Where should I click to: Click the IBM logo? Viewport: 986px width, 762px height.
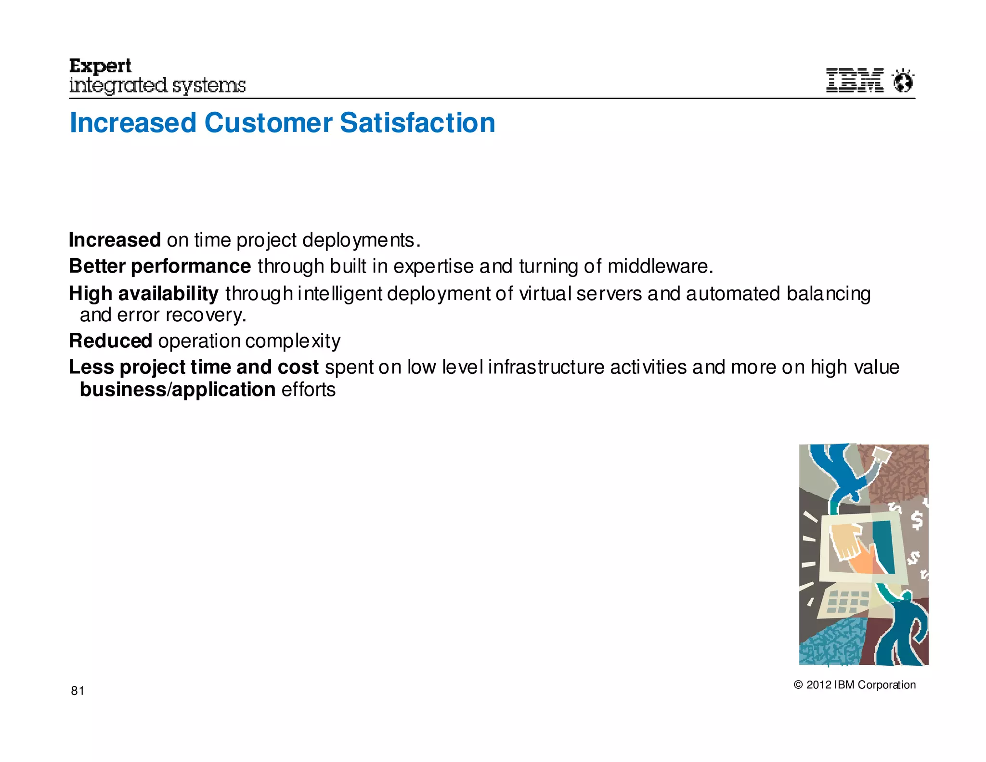[x=855, y=80]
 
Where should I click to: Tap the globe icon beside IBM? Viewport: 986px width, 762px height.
[x=903, y=81]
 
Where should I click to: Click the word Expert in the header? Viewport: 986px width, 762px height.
[x=100, y=66]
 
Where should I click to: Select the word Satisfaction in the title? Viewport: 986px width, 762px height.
[x=417, y=123]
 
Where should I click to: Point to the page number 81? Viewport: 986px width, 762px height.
[x=78, y=691]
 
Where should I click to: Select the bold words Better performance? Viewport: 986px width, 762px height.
[x=160, y=266]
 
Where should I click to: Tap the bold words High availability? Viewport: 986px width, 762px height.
[x=143, y=293]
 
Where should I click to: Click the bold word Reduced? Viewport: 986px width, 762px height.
[x=110, y=341]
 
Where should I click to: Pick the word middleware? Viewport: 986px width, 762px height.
[x=660, y=266]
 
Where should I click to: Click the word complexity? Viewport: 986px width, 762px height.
[x=292, y=341]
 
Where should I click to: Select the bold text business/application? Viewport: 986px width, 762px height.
[x=177, y=390]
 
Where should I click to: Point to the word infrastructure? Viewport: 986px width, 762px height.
[x=546, y=367]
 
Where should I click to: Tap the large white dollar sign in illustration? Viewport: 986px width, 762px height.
[x=917, y=521]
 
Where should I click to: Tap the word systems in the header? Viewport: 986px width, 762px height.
[x=209, y=86]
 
